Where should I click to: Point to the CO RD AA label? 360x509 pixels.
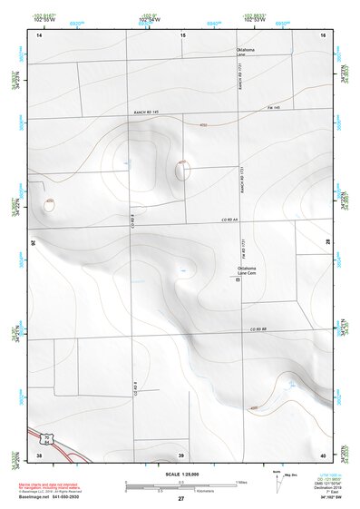[x=229, y=220]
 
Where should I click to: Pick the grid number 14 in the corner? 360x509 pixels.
[x=39, y=34]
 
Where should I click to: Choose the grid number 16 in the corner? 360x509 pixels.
[x=322, y=34]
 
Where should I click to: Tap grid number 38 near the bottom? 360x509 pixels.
[x=39, y=454]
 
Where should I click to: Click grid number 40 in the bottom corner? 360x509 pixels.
[x=322, y=454]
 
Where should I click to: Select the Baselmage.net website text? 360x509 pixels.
[x=49, y=497]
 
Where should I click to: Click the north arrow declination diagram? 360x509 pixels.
[x=277, y=481]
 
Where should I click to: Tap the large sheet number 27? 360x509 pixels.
[x=180, y=499]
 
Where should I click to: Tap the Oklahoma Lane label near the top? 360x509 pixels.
[x=246, y=52]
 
